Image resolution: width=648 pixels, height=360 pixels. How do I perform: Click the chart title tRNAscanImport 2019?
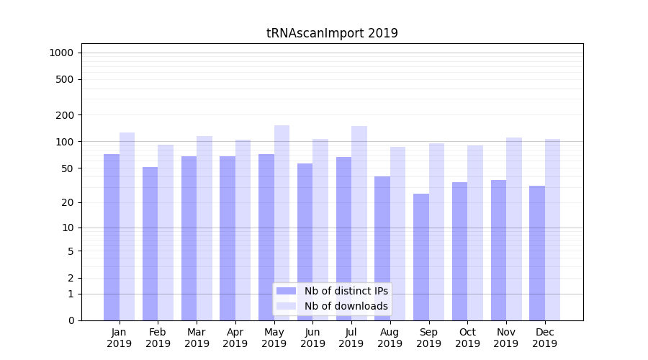pos(332,33)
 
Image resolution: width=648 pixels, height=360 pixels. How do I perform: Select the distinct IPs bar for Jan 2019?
pos(112,237)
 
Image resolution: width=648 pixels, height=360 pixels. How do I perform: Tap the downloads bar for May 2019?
pos(282,222)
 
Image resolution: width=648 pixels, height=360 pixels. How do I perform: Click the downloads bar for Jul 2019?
pos(359,222)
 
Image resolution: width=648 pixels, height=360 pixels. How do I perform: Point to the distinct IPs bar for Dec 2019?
pos(537,253)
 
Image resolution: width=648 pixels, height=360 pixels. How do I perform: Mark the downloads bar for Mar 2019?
pos(204,228)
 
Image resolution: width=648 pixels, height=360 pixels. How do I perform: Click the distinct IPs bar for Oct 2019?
pos(460,251)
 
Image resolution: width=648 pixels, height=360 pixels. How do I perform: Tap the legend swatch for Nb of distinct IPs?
pos(287,291)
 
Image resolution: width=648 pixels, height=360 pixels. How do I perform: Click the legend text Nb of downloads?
pos(346,306)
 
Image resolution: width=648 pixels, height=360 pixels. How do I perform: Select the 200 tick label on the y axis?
pos(65,115)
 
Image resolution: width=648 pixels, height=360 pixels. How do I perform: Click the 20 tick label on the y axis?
pos(67,202)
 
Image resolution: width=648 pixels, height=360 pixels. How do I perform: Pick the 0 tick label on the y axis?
pos(71,320)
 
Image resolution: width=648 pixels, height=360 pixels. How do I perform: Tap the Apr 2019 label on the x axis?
pos(235,338)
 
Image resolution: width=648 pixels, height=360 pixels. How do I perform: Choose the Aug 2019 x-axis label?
pos(390,338)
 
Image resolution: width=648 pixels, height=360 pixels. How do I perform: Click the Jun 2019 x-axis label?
pos(312,338)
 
